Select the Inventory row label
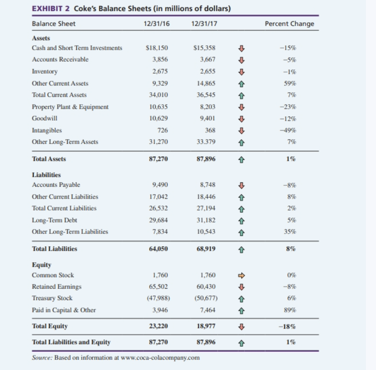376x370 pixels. (45, 72)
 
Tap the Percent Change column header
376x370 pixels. (289, 24)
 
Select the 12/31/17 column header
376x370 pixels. (202, 24)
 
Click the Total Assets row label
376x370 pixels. (49, 159)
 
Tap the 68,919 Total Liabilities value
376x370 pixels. (205, 249)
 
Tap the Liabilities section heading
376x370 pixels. (47, 174)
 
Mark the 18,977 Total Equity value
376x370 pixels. (205, 326)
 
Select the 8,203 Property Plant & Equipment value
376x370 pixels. (208, 107)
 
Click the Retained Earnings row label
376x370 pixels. (57, 287)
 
